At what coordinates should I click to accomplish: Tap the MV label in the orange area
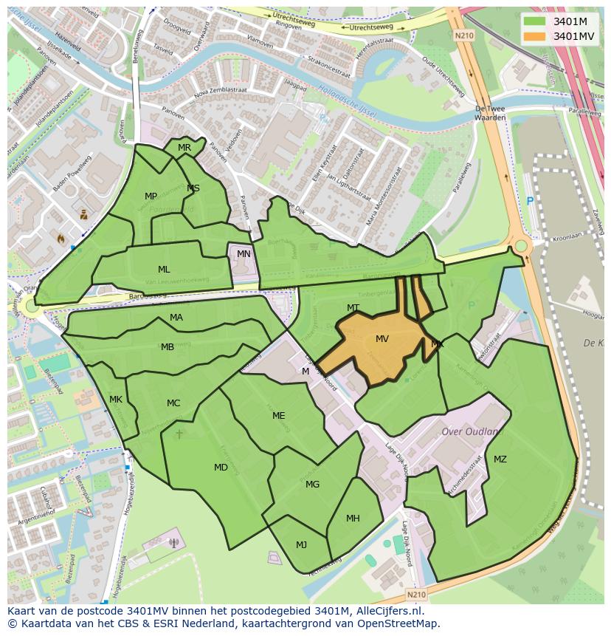pos(382,339)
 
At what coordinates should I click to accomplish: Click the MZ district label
pos(500,459)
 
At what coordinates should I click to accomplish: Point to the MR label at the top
pos(184,148)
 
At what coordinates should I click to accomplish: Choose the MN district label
pos(244,253)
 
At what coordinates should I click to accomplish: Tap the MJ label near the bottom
pos(301,545)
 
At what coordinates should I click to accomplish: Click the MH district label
pos(353,519)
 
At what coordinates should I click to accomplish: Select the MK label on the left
pos(116,400)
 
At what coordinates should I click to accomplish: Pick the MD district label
pos(221,468)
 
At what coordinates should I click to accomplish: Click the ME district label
pos(278,416)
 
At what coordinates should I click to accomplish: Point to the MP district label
pos(151,196)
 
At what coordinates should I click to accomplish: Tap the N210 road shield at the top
pos(463,35)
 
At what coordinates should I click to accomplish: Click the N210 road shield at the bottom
pos(416,593)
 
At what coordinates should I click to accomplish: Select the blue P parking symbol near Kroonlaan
pos(529,201)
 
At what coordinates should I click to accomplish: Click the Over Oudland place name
pos(470,431)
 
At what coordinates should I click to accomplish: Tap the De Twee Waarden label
pos(490,112)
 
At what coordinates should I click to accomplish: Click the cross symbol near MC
pos(179,434)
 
